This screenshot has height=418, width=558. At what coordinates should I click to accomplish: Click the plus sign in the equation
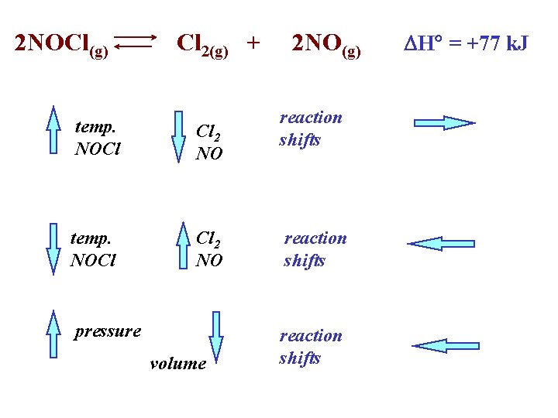pyautogui.click(x=252, y=42)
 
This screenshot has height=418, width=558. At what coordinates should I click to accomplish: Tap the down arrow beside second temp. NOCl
pyautogui.click(x=53, y=248)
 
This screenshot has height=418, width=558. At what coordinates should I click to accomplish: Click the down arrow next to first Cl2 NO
pyautogui.click(x=178, y=136)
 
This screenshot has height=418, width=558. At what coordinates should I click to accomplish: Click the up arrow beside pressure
pyautogui.click(x=53, y=334)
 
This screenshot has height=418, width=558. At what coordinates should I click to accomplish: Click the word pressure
pyautogui.click(x=108, y=332)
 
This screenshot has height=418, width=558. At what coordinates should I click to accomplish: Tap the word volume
pyautogui.click(x=177, y=363)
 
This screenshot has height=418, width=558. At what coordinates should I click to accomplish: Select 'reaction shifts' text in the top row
pyautogui.click(x=310, y=128)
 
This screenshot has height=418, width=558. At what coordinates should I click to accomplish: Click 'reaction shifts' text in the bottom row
pyautogui.click(x=310, y=347)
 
